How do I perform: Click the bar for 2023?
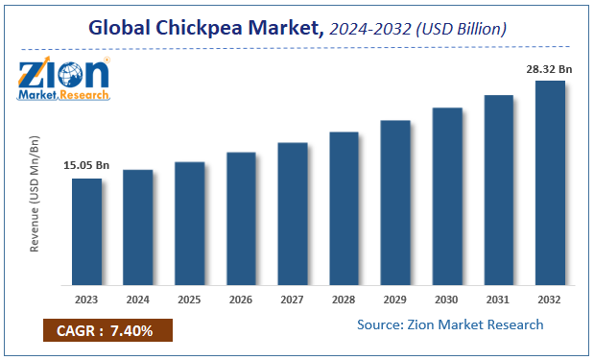[x=86, y=231]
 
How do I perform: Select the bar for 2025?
[x=189, y=223]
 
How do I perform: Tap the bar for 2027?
[x=293, y=213]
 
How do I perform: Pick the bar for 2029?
[x=395, y=203]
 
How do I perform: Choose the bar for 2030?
[x=447, y=196]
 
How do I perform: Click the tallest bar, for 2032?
[x=550, y=182]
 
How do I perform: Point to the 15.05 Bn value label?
[x=86, y=166]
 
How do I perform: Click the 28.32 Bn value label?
[x=550, y=68]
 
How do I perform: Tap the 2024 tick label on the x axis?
[x=138, y=298]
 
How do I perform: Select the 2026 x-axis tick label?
[x=241, y=298]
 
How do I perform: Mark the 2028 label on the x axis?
[x=344, y=298]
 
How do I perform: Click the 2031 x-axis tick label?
[x=498, y=298]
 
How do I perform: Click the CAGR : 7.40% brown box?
[x=106, y=330]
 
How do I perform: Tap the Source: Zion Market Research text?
[x=450, y=324]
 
